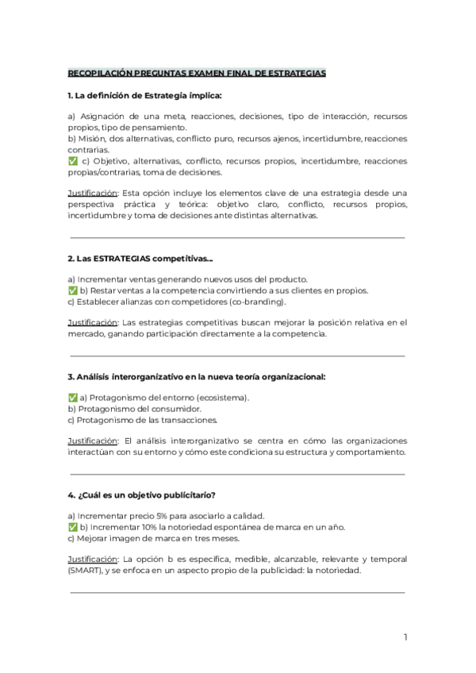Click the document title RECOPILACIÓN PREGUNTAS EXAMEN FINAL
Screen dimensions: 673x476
(x=197, y=73)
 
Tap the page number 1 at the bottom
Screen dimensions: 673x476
(x=405, y=637)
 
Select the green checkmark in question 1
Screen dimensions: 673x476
(x=72, y=161)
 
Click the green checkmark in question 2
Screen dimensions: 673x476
(x=72, y=290)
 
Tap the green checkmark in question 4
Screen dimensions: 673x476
(x=72, y=527)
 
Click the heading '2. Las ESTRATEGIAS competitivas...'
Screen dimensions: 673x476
(x=140, y=259)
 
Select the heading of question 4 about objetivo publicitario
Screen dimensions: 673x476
(x=141, y=495)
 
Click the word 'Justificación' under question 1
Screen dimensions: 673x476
(x=92, y=193)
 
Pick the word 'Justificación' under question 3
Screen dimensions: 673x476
(x=92, y=440)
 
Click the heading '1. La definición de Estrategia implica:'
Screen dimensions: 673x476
(x=144, y=97)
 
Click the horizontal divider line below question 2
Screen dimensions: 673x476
(x=237, y=355)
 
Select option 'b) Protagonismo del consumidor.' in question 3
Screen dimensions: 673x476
(x=129, y=409)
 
